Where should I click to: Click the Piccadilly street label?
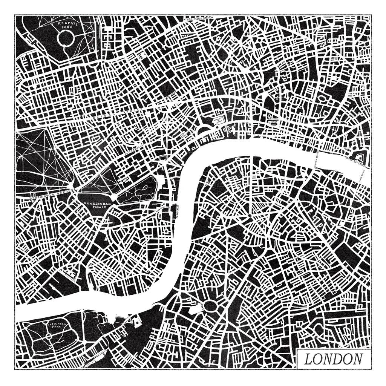(133, 149)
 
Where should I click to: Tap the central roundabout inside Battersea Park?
(49, 336)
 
